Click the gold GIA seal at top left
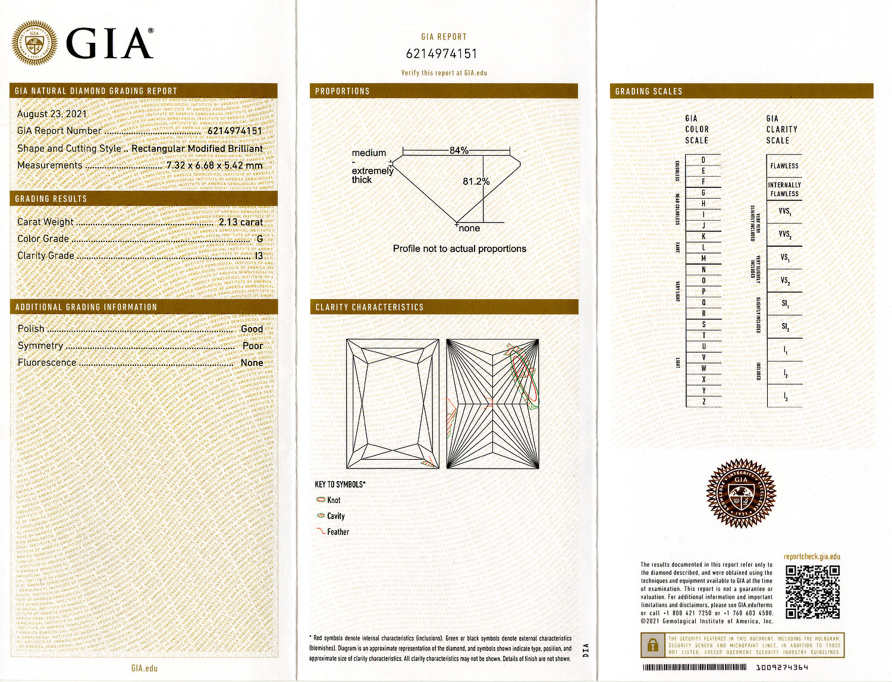(x=34, y=42)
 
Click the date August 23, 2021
(x=52, y=114)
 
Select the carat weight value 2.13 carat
(x=240, y=222)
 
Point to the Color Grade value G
(x=260, y=238)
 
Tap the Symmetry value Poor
(x=252, y=345)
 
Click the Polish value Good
(x=252, y=329)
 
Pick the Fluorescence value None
(x=252, y=362)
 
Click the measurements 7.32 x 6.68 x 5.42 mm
(x=214, y=165)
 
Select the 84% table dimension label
(x=458, y=150)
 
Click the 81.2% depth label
(x=476, y=181)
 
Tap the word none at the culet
(x=469, y=228)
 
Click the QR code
(x=812, y=592)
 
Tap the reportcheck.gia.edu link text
(x=812, y=557)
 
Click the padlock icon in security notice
(x=653, y=645)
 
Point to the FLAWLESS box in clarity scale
(x=784, y=166)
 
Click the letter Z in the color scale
(x=703, y=401)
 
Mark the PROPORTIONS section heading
(x=343, y=91)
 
